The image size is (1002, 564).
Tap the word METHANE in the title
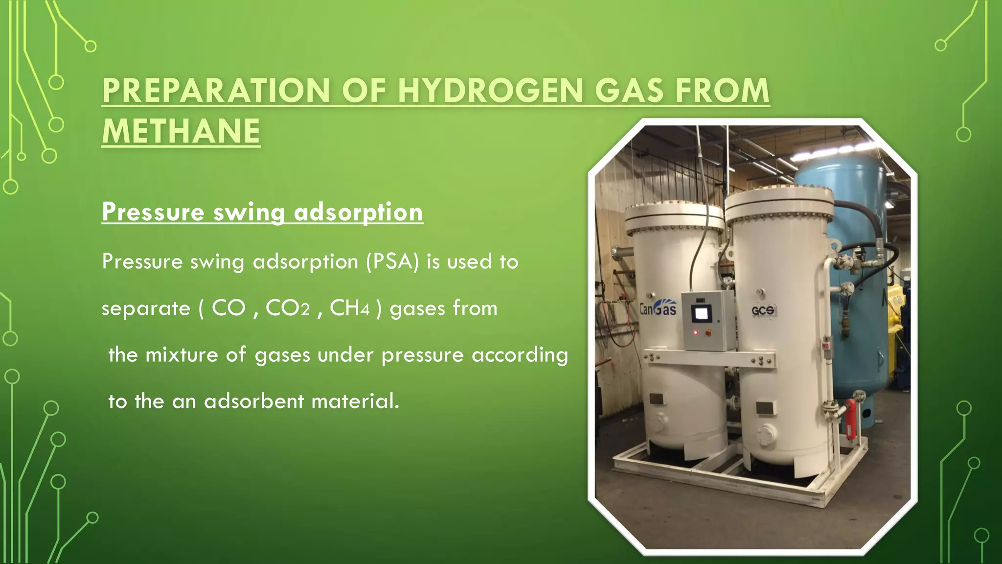click(x=181, y=132)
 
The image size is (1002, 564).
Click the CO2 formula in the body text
click(x=288, y=308)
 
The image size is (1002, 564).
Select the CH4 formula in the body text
click(x=349, y=308)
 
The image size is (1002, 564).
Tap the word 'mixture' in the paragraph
click(x=182, y=355)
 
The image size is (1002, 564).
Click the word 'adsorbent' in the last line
click(x=254, y=401)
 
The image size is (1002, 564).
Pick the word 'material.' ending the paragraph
click(x=355, y=401)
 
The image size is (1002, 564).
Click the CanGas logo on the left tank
click(x=658, y=307)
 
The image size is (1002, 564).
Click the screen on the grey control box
click(x=702, y=313)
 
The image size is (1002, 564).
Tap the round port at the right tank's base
click(x=766, y=434)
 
